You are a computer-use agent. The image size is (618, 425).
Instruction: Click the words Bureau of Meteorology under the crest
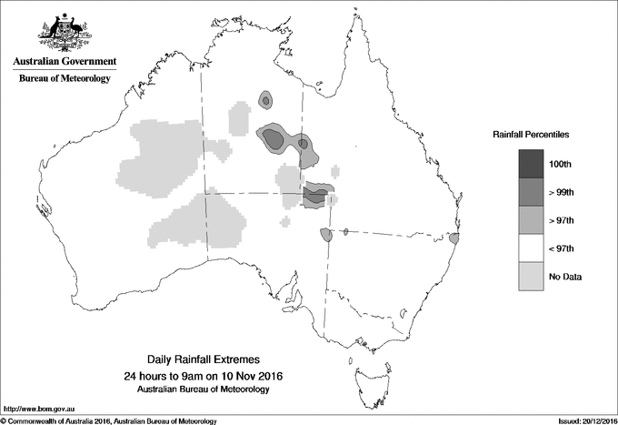click(x=65, y=79)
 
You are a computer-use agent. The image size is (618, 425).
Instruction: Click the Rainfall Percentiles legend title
click(x=531, y=135)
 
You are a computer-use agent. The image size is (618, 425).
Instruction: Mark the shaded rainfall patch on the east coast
click(x=454, y=239)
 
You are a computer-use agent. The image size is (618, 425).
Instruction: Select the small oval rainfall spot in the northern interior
click(x=266, y=99)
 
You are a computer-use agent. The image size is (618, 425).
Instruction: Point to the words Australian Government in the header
click(x=65, y=62)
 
